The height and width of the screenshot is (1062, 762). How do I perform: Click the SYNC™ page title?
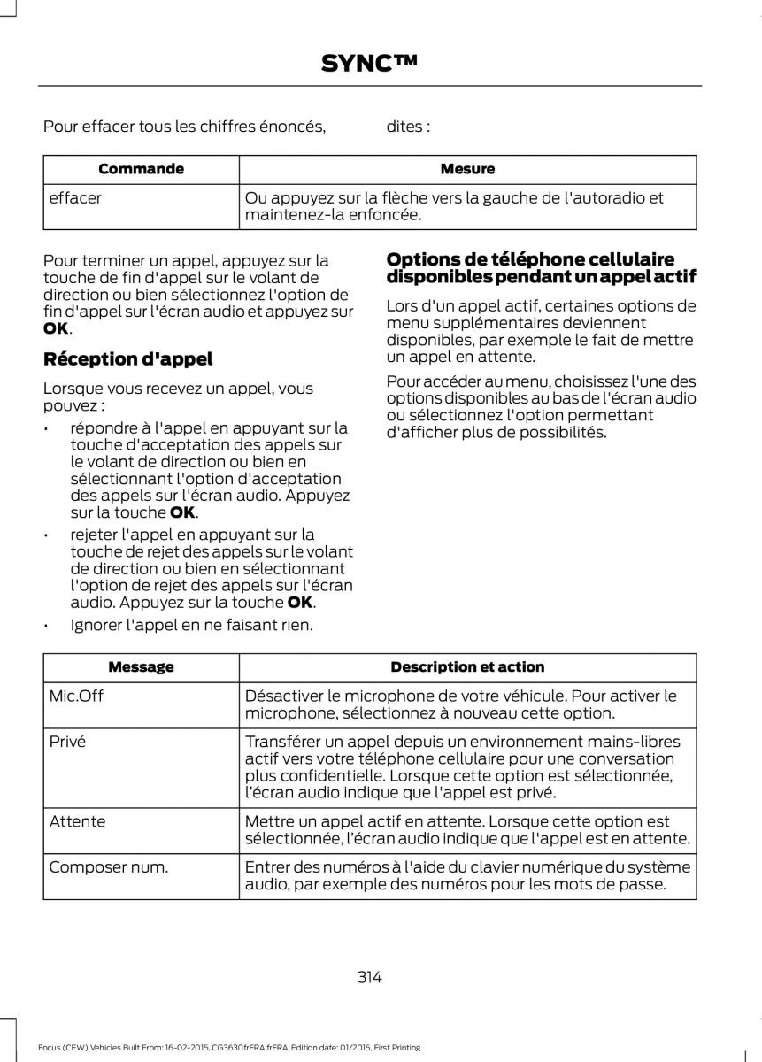369,63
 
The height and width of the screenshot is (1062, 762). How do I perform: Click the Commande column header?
141,169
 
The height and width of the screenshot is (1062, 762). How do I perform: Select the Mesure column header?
467,169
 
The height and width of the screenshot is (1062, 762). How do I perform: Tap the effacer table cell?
75,198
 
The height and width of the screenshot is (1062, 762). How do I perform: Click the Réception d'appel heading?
127,359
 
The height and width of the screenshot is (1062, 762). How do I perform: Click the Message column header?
141,667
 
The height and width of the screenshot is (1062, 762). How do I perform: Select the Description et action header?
467,667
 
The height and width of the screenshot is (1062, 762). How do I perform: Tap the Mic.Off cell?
76,696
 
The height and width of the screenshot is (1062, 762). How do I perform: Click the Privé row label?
67,742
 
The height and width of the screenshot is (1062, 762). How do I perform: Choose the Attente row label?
77,821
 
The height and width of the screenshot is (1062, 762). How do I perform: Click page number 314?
370,977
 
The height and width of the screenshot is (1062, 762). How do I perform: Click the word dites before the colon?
403,127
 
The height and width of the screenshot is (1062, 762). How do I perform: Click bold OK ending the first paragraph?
54,328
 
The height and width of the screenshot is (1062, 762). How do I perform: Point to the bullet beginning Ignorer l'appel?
190,626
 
